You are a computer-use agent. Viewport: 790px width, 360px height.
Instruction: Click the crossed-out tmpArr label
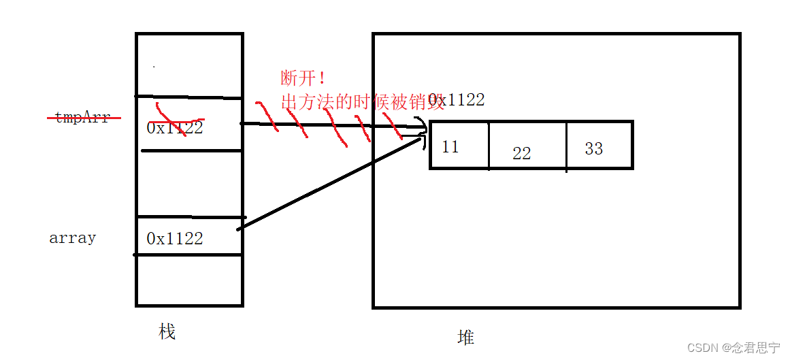83,118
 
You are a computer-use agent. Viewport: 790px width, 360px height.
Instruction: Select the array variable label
72,238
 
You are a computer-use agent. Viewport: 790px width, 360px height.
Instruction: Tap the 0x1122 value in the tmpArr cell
175,127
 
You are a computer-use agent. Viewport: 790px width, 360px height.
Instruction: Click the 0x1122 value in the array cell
175,238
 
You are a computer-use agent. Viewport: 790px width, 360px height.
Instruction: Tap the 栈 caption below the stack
167,331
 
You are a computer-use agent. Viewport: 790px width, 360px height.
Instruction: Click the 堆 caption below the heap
465,337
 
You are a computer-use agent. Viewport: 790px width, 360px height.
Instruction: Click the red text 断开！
303,77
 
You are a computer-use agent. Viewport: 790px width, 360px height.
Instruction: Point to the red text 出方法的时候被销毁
354,101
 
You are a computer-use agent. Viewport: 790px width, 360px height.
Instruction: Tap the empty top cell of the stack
189,65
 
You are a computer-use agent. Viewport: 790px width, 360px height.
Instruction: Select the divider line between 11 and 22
489,146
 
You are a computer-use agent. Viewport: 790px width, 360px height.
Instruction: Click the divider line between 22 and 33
566,146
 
